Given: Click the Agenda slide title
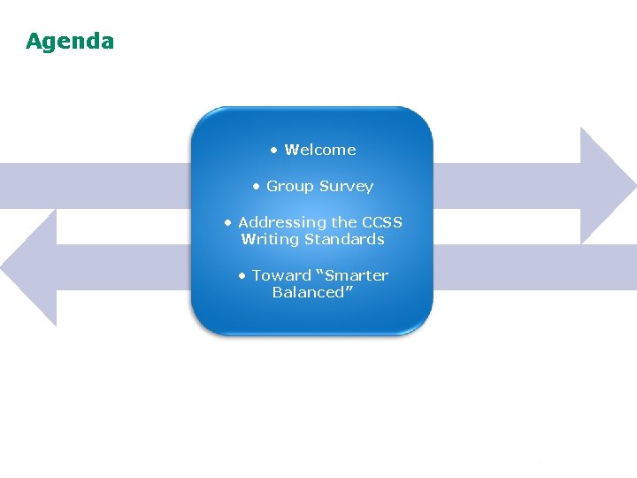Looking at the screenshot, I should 70,42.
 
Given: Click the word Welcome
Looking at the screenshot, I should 320,150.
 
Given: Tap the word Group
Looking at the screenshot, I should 288,187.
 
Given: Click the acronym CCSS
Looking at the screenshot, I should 381,222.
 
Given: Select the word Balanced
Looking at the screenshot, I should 309,292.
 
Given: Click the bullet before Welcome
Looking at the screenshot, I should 275,150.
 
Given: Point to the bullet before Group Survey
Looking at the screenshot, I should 257,187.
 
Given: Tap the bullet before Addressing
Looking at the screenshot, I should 228,222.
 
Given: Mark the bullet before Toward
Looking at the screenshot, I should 242,275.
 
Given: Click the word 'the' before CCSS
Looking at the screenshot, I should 344,222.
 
